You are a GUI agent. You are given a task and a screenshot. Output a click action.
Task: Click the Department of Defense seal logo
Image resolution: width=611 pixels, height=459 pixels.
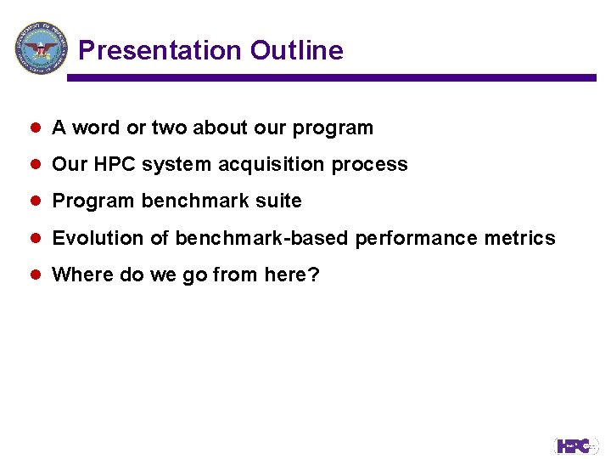point(40,48)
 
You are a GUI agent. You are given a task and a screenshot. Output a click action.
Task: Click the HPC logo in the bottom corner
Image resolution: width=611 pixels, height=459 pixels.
point(577,445)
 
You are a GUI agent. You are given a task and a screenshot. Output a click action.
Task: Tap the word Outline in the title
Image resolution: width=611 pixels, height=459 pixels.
point(296,51)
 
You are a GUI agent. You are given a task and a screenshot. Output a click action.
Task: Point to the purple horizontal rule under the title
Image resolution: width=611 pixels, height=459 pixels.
point(331,77)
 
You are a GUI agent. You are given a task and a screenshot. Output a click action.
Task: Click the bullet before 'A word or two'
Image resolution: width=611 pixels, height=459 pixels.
point(36,128)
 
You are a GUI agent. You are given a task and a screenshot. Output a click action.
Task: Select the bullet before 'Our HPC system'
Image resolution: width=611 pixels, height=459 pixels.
point(36,165)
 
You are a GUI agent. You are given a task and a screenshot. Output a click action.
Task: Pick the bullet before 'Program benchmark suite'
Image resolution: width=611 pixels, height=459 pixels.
point(36,201)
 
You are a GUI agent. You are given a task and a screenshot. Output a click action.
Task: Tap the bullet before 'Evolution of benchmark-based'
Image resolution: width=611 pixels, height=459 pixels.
point(36,238)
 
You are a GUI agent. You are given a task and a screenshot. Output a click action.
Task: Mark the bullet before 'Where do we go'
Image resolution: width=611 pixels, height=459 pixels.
point(36,275)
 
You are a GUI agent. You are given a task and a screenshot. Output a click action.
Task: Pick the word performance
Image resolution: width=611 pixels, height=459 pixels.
point(417,239)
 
